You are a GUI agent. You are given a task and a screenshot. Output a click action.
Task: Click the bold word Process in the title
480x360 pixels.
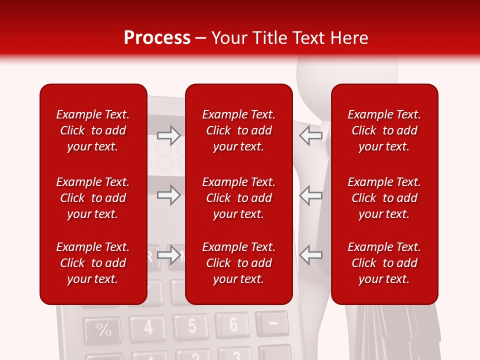pos(157,38)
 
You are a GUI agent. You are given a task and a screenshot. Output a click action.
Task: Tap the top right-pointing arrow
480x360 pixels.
pos(168,135)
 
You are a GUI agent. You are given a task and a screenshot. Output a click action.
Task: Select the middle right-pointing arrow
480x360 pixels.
pos(168,195)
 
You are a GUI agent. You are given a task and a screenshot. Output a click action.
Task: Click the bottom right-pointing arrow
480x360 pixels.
pos(168,255)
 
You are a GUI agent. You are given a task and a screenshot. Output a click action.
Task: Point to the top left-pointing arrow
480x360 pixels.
pos(310,135)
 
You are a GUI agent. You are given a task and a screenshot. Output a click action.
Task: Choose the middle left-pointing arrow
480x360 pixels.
pos(310,195)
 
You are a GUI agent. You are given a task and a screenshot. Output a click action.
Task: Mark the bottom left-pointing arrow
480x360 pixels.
pos(310,255)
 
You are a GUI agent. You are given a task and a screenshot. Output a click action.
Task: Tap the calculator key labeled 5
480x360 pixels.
pos(191,326)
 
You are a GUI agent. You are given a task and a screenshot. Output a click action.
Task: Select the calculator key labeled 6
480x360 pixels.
pos(232,324)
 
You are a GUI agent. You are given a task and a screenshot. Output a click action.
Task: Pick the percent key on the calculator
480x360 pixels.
pos(103,330)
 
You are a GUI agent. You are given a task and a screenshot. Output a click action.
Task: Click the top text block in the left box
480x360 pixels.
pos(93,130)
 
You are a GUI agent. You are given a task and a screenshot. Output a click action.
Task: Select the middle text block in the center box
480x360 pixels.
pos(239,198)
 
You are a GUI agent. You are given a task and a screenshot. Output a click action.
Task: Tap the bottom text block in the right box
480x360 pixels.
pos(384,263)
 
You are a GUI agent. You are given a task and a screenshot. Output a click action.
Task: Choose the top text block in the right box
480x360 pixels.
pos(384,130)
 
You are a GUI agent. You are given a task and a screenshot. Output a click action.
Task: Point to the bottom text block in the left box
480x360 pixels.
pos(93,263)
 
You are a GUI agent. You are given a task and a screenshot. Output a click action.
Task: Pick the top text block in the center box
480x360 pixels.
pos(239,130)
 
